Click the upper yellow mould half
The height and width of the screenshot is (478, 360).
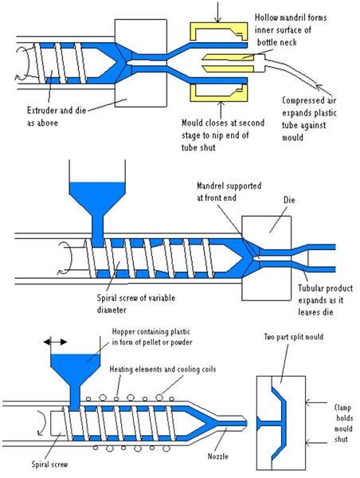(216, 33)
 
